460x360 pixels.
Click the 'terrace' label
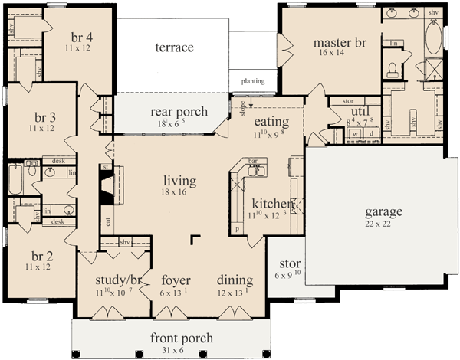point(174,48)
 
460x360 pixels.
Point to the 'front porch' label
point(182,338)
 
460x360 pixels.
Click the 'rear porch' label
point(178,112)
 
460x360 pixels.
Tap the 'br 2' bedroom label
point(38,256)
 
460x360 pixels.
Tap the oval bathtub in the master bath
point(433,38)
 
